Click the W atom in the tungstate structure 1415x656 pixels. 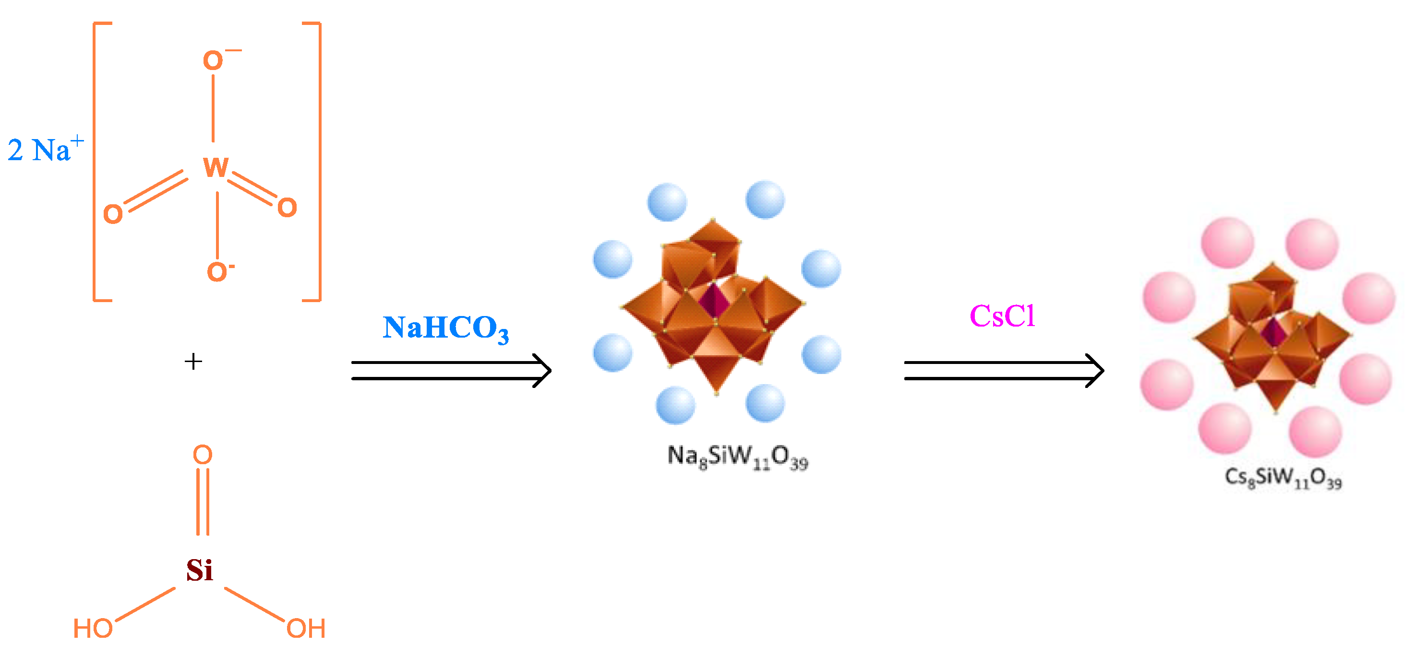tap(216, 167)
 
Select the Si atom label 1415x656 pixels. tap(199, 570)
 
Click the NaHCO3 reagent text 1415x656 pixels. tap(445, 328)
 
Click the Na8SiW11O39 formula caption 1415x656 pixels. tap(737, 457)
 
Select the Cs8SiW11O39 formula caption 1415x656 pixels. tap(1283, 477)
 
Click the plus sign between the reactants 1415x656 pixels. tap(193, 361)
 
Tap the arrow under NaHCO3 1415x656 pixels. tap(450, 371)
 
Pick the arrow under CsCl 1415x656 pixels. tap(1004, 371)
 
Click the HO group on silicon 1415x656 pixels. tap(93, 629)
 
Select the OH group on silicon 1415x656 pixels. tap(306, 629)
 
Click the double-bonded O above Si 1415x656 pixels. tap(203, 455)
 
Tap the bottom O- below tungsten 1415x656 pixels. tap(218, 272)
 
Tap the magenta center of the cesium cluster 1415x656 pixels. tap(1273, 332)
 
